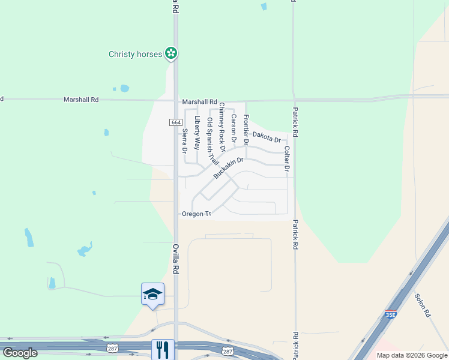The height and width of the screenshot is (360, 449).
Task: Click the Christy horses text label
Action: point(135,54)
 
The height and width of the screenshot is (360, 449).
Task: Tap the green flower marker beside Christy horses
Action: point(172,54)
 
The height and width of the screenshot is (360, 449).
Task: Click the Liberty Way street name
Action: point(197,132)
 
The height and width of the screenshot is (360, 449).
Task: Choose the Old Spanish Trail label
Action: point(212,142)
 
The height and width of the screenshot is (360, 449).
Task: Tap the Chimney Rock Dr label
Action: point(222,127)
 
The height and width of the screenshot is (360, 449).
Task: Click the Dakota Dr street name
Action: point(267,137)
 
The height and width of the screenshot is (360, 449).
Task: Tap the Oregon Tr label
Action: point(197,214)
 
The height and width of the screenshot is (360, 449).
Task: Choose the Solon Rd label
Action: point(423,305)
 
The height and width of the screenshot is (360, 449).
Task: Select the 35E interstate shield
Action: point(391,314)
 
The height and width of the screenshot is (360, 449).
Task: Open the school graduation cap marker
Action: point(152,294)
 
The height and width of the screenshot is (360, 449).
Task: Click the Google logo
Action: point(20,353)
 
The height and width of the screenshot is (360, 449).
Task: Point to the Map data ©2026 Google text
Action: point(412,355)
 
